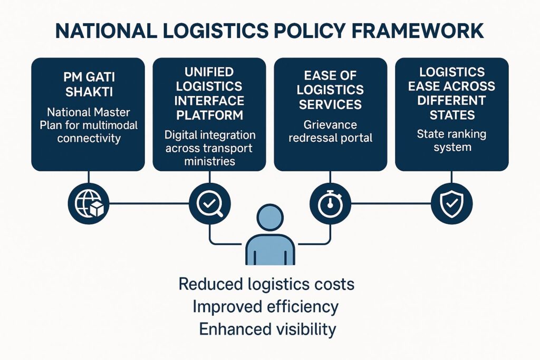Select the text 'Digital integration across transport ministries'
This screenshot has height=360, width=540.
click(210, 148)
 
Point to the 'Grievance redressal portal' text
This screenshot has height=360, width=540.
click(331, 131)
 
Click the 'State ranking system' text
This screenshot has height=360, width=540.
click(452, 140)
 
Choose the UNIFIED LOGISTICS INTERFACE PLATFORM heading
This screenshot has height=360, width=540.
click(210, 93)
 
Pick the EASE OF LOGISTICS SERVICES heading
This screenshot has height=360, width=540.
click(331, 90)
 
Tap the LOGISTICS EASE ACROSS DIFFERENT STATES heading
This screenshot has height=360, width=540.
click(452, 93)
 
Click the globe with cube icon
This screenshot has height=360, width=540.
click(88, 202)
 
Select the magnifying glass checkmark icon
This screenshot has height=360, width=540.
click(209, 202)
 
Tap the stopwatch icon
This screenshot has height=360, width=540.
click(331, 202)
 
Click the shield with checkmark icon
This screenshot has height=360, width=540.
click(452, 202)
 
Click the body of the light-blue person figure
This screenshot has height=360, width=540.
click(269, 251)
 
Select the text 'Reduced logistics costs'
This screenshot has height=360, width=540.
click(266, 284)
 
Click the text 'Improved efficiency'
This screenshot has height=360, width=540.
click(266, 306)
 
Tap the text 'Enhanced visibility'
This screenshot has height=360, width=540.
click(267, 329)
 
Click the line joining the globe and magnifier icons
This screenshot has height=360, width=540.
click(149, 202)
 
